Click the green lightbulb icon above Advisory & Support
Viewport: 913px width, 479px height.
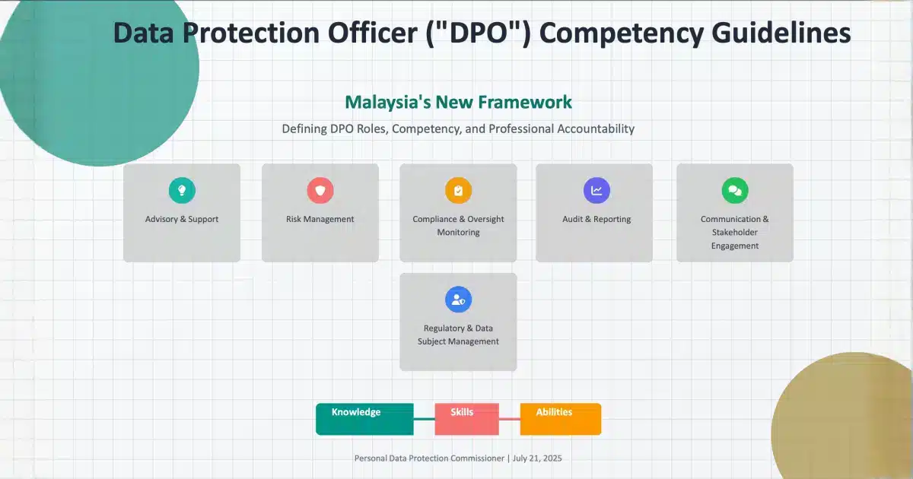(182, 190)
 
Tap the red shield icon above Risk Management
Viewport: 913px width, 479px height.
(320, 190)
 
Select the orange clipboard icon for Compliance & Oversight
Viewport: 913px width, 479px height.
(458, 190)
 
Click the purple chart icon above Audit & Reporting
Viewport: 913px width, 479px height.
(596, 190)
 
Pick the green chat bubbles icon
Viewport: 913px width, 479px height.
(735, 190)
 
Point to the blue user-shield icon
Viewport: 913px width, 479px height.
(458, 300)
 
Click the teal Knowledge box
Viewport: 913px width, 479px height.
(364, 419)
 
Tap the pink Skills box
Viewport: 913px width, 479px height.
(466, 419)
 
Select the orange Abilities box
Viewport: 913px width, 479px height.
(561, 419)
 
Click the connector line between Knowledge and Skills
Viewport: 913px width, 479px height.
(425, 419)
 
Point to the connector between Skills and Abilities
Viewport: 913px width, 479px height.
(510, 419)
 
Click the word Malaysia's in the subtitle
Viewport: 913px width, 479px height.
(387, 103)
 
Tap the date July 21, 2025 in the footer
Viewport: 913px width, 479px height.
(537, 458)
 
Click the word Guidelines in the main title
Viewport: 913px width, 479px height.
(781, 33)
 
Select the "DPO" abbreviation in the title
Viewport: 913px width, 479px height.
(479, 33)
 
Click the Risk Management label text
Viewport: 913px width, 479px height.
(320, 219)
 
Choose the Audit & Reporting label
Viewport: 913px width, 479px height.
(596, 219)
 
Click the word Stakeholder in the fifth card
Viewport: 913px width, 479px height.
(735, 232)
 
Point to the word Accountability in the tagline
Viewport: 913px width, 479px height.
(596, 129)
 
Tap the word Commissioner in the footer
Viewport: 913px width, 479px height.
(477, 458)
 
